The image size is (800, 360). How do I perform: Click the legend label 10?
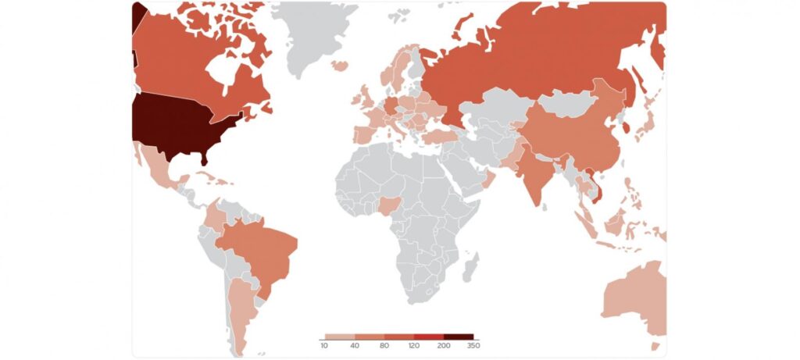[323, 345]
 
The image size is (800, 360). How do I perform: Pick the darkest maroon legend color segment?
[459, 337]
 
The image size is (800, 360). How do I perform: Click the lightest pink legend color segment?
[339, 337]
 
